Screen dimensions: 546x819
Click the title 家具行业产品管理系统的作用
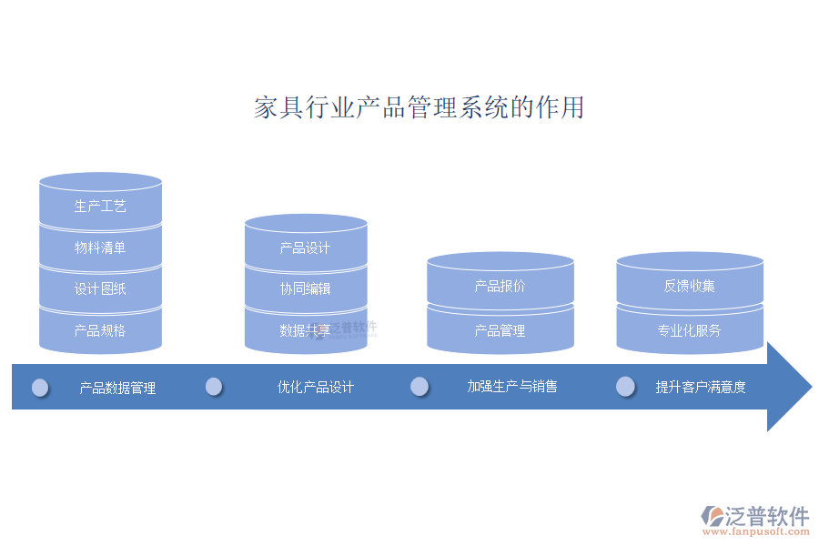tap(419, 107)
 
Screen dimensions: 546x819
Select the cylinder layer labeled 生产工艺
tap(100, 207)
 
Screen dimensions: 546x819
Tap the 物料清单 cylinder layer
tap(100, 248)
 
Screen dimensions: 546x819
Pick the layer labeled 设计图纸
tap(100, 289)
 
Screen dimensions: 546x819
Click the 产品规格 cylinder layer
tap(100, 330)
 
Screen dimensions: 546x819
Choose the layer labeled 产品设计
tap(305, 248)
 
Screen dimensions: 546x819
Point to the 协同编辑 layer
tap(305, 288)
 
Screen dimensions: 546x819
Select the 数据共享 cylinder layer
tap(305, 330)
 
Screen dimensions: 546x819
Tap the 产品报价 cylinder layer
tap(500, 286)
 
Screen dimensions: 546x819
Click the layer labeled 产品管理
tap(500, 330)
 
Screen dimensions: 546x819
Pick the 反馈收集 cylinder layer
tap(689, 286)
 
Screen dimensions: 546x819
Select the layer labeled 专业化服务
tap(689, 330)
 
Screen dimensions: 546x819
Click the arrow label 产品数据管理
tap(117, 388)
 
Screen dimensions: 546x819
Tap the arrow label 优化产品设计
tap(316, 387)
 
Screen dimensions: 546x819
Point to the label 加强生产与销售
tap(512, 386)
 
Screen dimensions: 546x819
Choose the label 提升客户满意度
tap(701, 387)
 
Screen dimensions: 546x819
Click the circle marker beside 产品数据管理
tap(40, 388)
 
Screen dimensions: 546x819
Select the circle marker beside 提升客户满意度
tap(625, 387)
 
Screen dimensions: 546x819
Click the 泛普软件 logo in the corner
tap(755, 519)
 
